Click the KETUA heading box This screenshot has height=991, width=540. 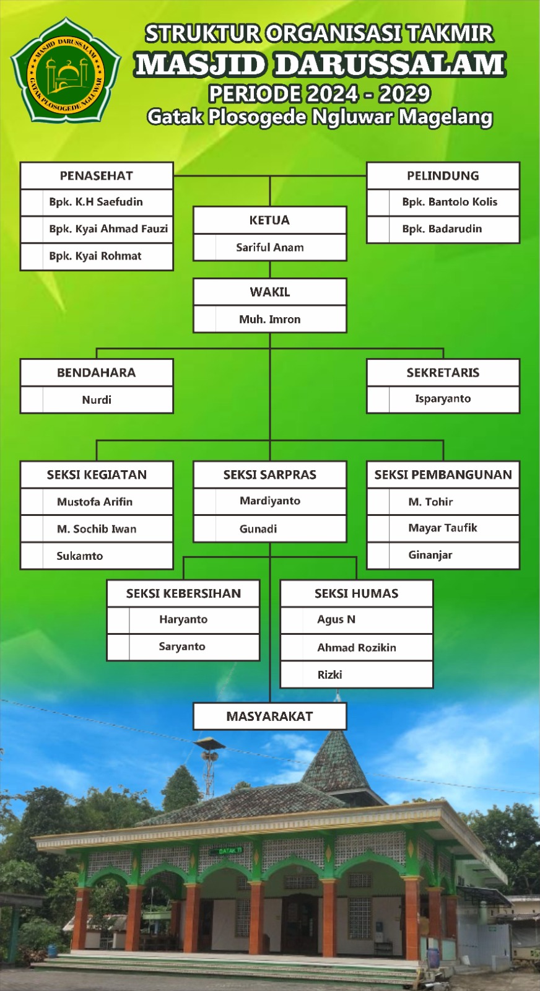[x=269, y=220]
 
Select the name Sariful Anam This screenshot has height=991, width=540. [x=269, y=247]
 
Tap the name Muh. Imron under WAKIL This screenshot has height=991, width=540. [x=269, y=319]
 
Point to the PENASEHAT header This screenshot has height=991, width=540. [x=97, y=176]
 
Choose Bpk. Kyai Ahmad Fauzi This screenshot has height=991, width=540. [x=108, y=229]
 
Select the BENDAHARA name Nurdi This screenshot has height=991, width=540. [x=97, y=399]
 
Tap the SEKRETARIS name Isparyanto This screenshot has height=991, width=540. [x=443, y=399]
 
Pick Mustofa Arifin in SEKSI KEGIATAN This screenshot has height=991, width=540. [x=95, y=502]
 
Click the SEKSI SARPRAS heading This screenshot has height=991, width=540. [x=269, y=475]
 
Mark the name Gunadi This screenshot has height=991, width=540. [x=258, y=529]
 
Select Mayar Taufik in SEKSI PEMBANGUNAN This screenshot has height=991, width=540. [x=443, y=528]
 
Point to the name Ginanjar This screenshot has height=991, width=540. [x=430, y=555]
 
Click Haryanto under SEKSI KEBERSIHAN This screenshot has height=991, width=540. [x=183, y=619]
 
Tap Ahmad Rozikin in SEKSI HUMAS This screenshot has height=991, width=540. [x=357, y=647]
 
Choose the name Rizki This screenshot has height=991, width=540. [x=329, y=674]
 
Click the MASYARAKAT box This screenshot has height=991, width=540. [x=269, y=717]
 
